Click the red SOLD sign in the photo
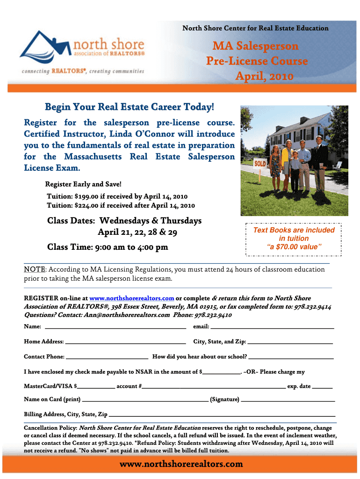(260, 164)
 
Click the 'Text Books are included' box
(294, 239)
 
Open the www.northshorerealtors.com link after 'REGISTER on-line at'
(132, 298)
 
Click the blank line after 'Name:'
(115, 327)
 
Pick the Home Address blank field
(126, 342)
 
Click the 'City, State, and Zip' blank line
(290, 342)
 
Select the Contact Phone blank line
(107, 357)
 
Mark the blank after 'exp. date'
(322, 387)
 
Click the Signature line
(288, 400)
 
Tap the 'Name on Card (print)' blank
(145, 400)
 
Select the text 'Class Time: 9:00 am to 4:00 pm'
(108, 247)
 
